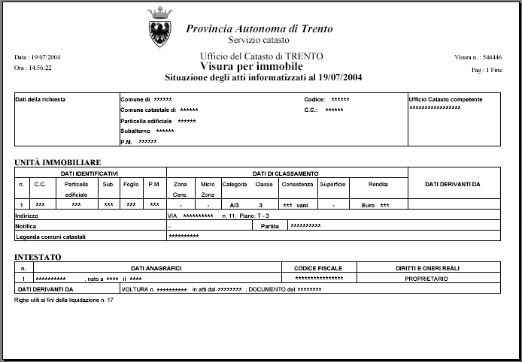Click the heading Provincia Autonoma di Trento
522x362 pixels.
pyautogui.click(x=259, y=29)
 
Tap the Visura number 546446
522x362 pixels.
pyautogui.click(x=493, y=57)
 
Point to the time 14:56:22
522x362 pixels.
pyautogui.click(x=40, y=68)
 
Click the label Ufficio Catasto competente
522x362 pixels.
pyautogui.click(x=445, y=99)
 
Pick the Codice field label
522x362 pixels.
pyautogui.click(x=314, y=99)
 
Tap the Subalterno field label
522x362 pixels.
pyautogui.click(x=136, y=131)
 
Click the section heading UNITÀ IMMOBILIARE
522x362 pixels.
pyautogui.click(x=58, y=162)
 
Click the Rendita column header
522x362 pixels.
pyautogui.click(x=378, y=184)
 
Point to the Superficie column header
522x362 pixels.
pyautogui.click(x=332, y=184)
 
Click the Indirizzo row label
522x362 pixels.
pyautogui.click(x=27, y=215)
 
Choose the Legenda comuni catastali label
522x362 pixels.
pyautogui.click(x=51, y=237)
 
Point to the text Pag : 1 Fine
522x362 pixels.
pyautogui.click(x=487, y=69)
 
